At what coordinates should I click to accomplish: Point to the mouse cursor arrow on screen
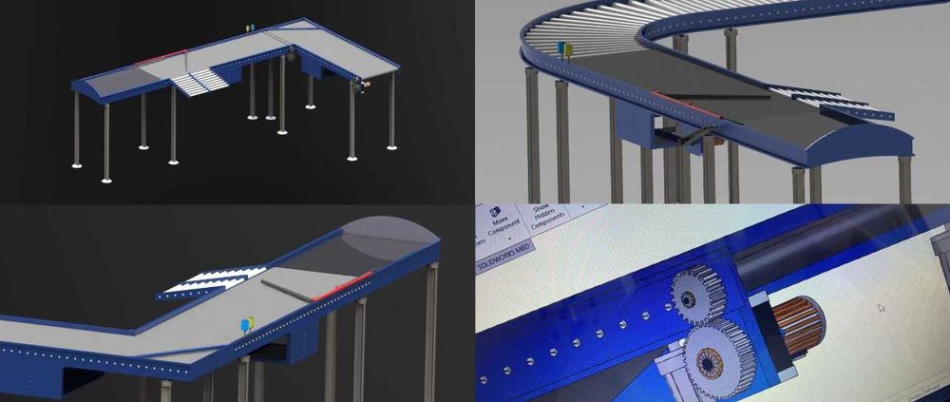[880, 309]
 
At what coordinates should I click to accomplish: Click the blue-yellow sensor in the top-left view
[251, 31]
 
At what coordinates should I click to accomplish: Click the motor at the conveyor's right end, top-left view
[363, 86]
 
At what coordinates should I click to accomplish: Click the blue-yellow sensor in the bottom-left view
[249, 324]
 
